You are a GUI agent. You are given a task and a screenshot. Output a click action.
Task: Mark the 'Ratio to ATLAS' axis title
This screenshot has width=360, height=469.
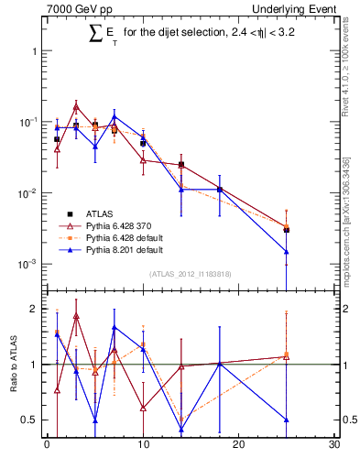coord(16,365)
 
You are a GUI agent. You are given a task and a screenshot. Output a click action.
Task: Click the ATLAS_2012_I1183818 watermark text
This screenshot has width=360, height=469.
coord(191,273)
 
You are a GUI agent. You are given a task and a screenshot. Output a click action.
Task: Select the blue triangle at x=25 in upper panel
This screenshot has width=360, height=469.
coord(287,251)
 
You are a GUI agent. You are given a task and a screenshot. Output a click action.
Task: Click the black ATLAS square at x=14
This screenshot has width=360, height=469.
coord(181,165)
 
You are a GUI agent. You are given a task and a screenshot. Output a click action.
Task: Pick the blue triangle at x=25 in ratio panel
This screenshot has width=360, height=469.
coord(287,420)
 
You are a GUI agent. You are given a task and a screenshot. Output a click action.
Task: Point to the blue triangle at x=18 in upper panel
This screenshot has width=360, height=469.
coord(220,190)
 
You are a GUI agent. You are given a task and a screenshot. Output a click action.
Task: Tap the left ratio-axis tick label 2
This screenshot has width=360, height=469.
coord(34,309)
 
